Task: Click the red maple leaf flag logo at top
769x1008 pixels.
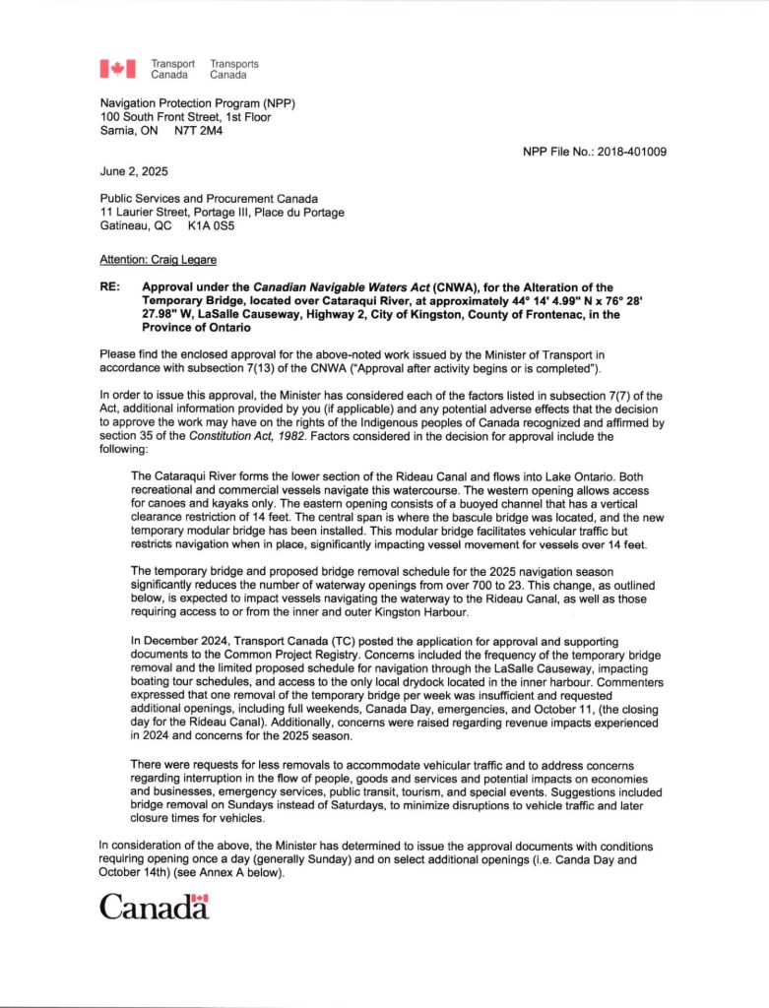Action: pyautogui.click(x=117, y=69)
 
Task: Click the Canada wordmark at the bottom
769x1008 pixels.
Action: pyautogui.click(x=154, y=907)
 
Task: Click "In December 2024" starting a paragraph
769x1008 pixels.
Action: pyautogui.click(x=175, y=642)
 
